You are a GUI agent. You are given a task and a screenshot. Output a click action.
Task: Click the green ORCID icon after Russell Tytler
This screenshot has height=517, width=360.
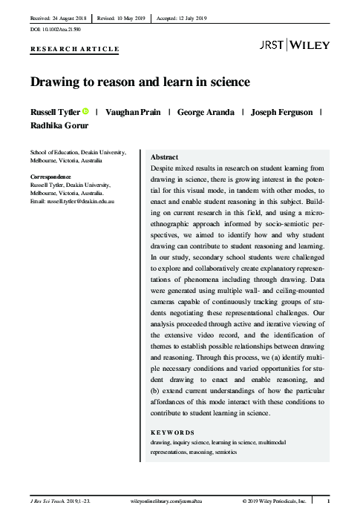[x=85, y=111]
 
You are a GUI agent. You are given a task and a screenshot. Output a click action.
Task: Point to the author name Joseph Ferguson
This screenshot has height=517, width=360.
[x=282, y=112]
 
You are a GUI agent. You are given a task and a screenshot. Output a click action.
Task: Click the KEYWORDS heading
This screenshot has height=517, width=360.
[x=172, y=432]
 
